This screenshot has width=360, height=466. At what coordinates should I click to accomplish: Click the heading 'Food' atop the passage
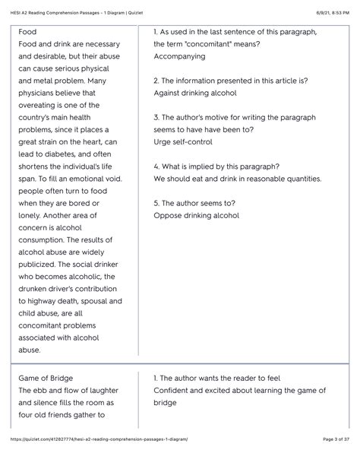tap(27, 32)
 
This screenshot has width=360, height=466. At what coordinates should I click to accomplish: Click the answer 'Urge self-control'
tap(183, 141)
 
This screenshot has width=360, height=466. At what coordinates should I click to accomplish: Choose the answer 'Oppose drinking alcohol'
tap(196, 215)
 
